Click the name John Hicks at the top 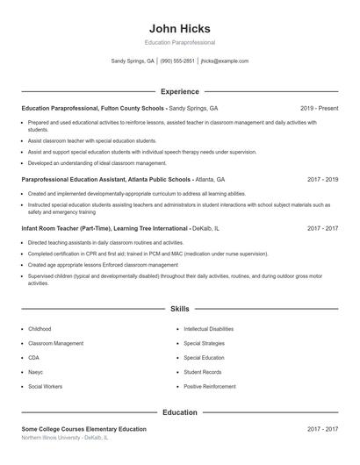click(180, 28)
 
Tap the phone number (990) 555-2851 click(177, 61)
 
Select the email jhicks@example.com click(225, 61)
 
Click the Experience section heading click(180, 91)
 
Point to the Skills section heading click(180, 309)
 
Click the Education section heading click(180, 412)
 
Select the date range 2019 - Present click(319, 108)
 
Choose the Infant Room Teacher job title click(102, 228)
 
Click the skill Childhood click(40, 328)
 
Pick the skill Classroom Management click(56, 343)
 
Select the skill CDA click(34, 358)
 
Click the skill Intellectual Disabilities click(209, 328)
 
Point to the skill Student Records click(202, 372)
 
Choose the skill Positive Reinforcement click(210, 386)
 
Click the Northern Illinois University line click(65, 437)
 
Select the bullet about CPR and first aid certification click(148, 254)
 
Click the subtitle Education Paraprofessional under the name click(180, 42)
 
